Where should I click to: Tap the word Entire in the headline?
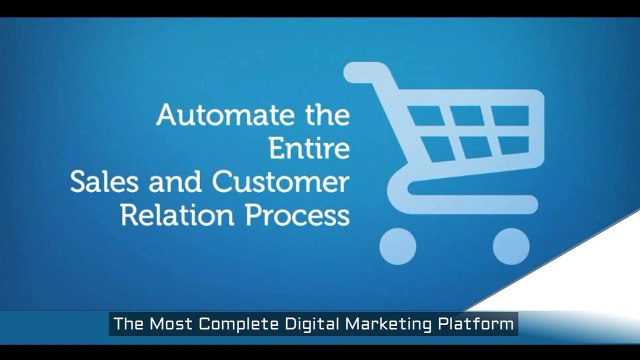click(312, 149)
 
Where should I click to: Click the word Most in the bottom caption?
click(172, 324)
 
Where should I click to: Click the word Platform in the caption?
click(478, 324)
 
